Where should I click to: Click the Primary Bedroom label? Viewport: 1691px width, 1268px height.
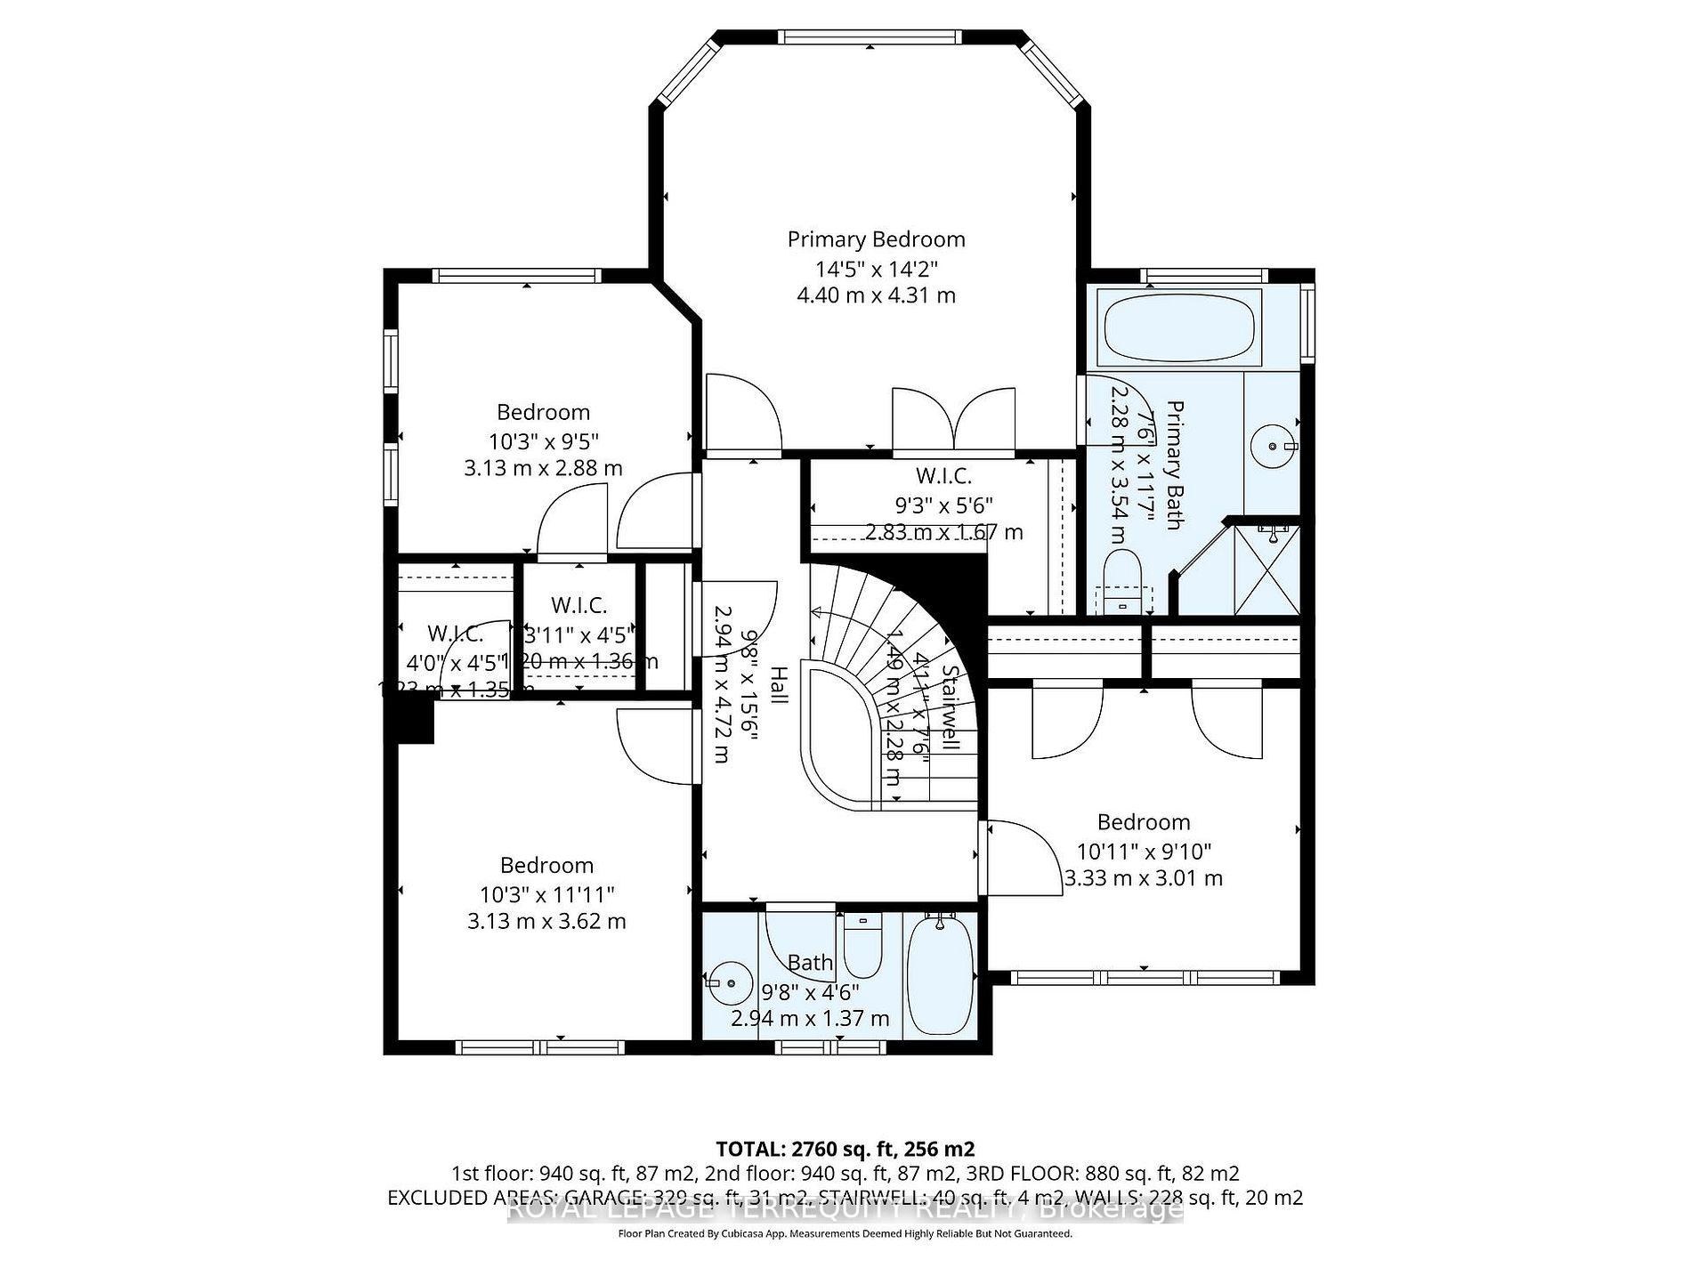(876, 239)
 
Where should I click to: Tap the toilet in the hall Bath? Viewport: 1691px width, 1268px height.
(862, 946)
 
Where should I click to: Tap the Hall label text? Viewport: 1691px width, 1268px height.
(778, 685)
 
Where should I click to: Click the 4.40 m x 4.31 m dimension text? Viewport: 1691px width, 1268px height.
(876, 295)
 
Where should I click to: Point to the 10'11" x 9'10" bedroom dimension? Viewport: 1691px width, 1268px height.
(1144, 851)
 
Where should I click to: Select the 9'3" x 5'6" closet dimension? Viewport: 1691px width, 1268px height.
(943, 505)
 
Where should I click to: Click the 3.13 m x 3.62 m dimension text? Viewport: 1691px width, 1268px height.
(546, 921)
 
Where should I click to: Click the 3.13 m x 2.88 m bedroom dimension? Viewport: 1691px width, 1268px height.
(543, 468)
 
